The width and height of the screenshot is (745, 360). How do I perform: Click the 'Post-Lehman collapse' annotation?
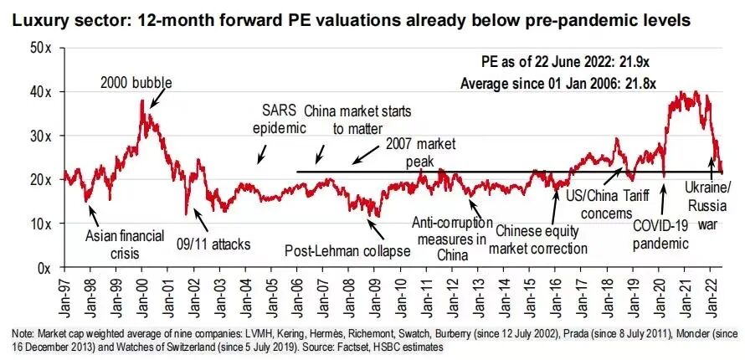pyautogui.click(x=347, y=250)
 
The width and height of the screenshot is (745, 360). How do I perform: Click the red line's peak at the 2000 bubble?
pyautogui.click(x=142, y=100)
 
